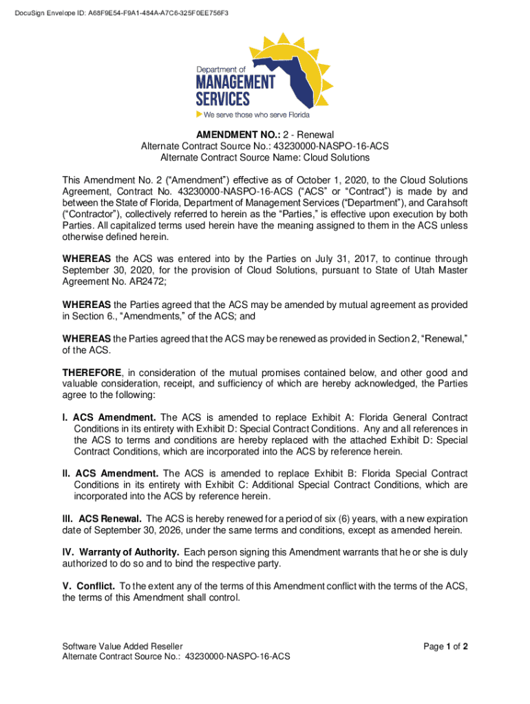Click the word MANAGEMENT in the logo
235,83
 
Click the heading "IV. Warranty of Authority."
121,553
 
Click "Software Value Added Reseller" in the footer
123,646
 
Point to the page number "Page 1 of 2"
446,646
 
